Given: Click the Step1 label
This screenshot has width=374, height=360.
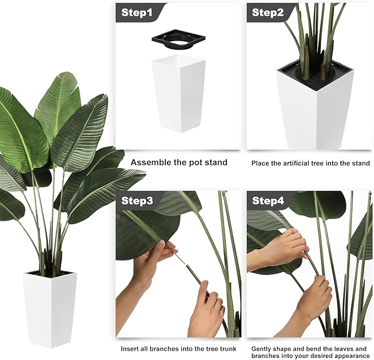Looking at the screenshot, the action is pyautogui.click(x=137, y=13).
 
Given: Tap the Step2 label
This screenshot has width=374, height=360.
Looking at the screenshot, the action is pyautogui.click(x=268, y=13).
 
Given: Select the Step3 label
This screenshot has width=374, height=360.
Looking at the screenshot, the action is pyautogui.click(x=137, y=200).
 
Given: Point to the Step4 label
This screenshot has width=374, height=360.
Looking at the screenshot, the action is pyautogui.click(x=268, y=200).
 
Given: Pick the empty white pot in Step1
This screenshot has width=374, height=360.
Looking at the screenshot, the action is pyautogui.click(x=178, y=93).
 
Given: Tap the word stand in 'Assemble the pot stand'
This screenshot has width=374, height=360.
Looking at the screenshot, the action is pyautogui.click(x=216, y=162).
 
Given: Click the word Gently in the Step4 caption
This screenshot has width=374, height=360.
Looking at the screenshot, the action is pyautogui.click(x=261, y=350).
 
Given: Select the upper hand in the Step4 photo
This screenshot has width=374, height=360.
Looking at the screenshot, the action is pyautogui.click(x=277, y=248).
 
